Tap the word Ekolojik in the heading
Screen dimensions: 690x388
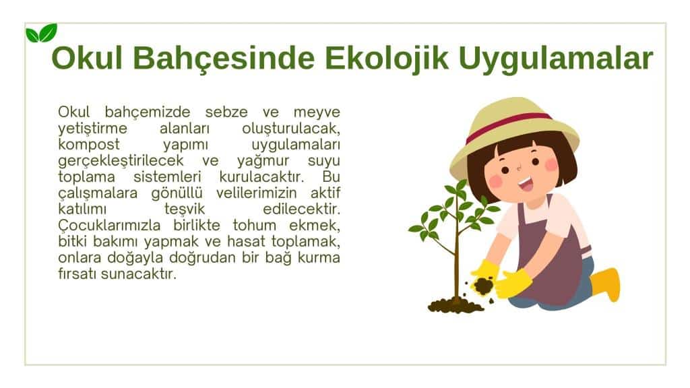tap(387, 58)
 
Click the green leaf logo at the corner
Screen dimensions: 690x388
tap(41, 33)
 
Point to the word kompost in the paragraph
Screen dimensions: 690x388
tap(89, 145)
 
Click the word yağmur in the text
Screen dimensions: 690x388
tap(263, 162)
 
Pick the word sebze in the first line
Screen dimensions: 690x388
tap(226, 112)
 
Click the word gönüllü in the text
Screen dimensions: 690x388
tap(177, 193)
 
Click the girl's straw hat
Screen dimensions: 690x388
tap(514, 132)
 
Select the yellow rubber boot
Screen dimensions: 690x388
tap(606, 284)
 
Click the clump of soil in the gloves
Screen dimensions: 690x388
tap(483, 286)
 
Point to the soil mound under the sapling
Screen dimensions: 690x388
tap(456, 305)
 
